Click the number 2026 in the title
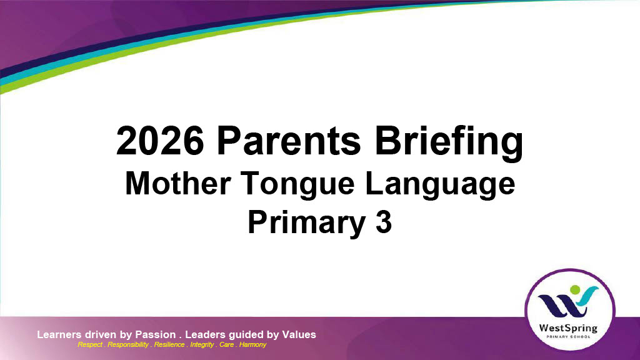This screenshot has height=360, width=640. [160, 141]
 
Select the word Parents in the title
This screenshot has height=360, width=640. [289, 141]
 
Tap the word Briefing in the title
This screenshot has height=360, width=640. [449, 142]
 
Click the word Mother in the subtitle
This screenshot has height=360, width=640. [178, 183]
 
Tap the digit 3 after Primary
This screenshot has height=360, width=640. [384, 222]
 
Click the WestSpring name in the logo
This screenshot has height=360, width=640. [568, 328]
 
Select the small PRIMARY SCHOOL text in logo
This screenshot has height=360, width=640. [569, 337]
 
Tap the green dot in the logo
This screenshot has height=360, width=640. [575, 290]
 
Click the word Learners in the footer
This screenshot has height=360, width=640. [59, 335]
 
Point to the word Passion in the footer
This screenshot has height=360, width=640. [156, 335]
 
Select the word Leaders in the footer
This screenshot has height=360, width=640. [205, 335]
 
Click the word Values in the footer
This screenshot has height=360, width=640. [299, 335]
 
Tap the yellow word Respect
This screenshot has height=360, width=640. [90, 345]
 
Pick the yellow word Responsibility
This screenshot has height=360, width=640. [127, 345]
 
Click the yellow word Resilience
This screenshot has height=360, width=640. [169, 344]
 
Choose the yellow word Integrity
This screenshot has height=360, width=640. [202, 345]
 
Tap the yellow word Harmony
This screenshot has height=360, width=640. [252, 345]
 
